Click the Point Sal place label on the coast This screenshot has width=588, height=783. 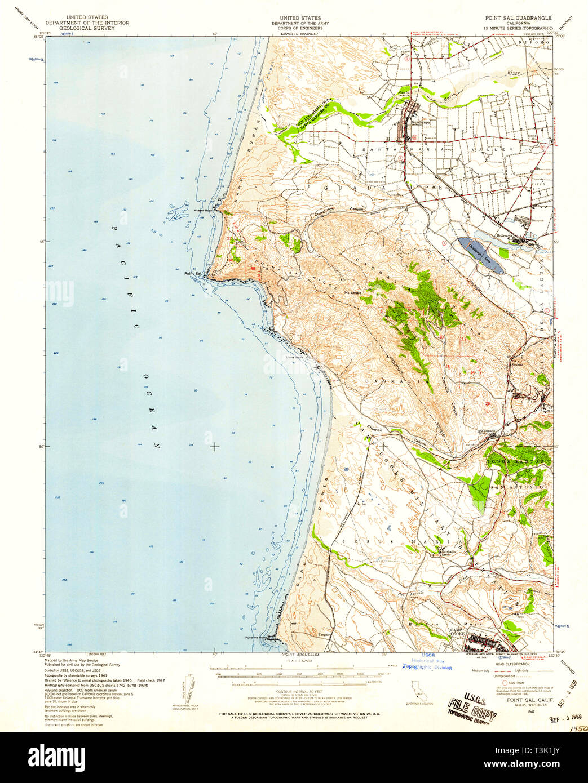click(x=193, y=274)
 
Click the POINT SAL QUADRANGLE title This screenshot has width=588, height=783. click(x=519, y=18)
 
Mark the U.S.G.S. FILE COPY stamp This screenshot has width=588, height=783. click(x=472, y=709)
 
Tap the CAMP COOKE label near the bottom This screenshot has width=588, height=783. click(x=456, y=632)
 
